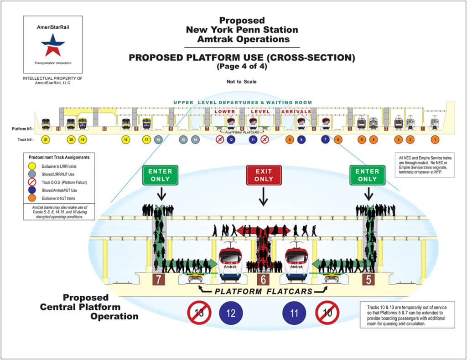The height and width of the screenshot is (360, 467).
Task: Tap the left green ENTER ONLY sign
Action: tap(160, 175)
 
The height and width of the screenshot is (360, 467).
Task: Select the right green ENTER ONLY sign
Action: tap(367, 175)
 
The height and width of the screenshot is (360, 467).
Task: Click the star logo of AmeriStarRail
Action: tap(53, 45)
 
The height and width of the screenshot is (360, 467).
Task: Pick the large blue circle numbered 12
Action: tap(231, 314)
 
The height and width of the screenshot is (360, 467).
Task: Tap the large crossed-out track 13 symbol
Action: tap(199, 314)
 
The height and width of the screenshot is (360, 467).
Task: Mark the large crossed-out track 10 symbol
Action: tap(327, 314)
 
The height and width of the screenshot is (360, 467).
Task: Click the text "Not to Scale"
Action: tap(242, 82)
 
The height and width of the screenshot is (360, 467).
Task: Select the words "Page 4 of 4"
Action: tap(242, 67)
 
